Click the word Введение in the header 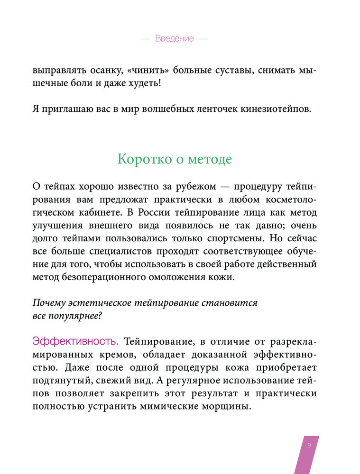175,39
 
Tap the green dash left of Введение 146,39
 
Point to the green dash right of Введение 203,39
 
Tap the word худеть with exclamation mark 142,83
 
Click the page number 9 309,445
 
